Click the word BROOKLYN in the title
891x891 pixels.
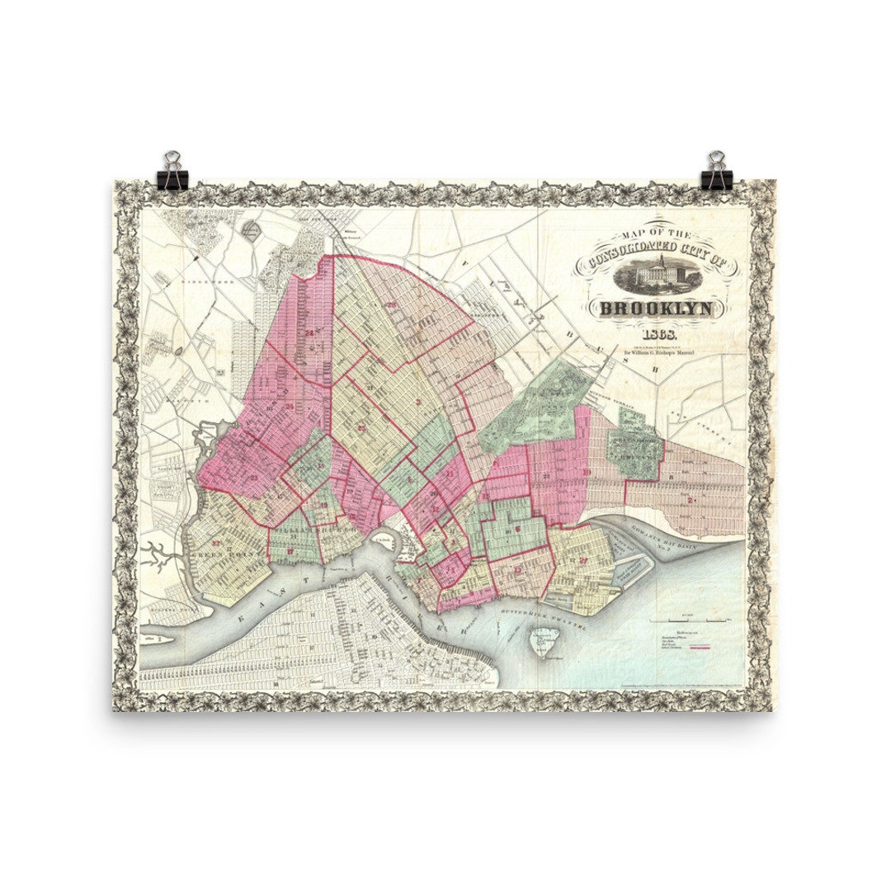[x=660, y=309]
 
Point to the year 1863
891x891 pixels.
[x=656, y=334]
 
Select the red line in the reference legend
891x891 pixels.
[x=700, y=648]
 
